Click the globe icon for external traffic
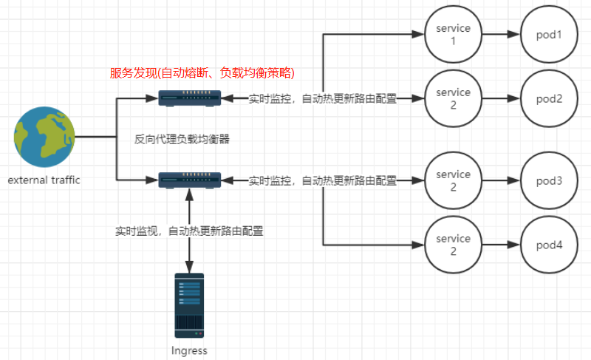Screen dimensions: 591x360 coord(44,137)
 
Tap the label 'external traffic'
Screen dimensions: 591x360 coord(44,180)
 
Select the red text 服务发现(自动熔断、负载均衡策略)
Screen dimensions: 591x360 coord(202,72)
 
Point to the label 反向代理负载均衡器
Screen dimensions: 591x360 coord(182,140)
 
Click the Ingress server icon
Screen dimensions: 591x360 coord(189,305)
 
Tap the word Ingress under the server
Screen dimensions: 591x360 coord(189,350)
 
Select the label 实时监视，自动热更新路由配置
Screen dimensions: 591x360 coord(189,231)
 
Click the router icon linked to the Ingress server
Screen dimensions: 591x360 coord(189,180)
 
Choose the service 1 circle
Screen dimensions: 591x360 coord(453,34)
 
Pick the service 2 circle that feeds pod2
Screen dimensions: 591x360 coord(453,98)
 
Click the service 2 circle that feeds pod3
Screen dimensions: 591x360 coord(453,180)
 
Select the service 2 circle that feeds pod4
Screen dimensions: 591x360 coord(453,245)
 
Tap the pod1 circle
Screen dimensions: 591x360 coord(549,34)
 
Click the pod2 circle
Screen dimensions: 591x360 coord(549,98)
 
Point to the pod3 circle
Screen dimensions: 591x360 coord(549,180)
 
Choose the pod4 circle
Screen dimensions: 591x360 coord(549,245)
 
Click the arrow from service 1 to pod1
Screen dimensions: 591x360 coord(502,34)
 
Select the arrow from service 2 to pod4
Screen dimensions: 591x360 coord(502,245)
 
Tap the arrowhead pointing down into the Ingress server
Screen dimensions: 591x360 coord(189,267)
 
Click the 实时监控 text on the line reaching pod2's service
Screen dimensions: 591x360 coord(270,99)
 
